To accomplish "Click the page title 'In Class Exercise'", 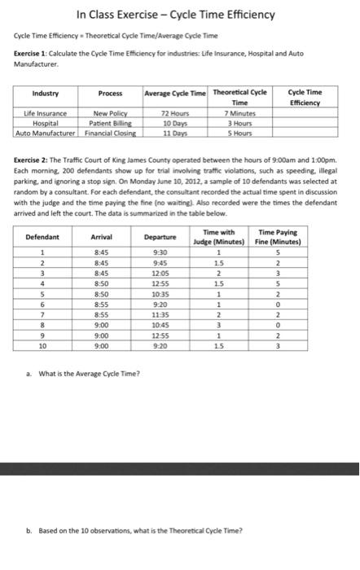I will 175,15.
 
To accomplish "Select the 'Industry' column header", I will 45,94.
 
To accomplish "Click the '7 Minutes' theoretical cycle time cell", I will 240,113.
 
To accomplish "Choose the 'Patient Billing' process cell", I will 111,123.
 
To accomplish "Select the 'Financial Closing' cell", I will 111,133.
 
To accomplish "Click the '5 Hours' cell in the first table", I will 240,133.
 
